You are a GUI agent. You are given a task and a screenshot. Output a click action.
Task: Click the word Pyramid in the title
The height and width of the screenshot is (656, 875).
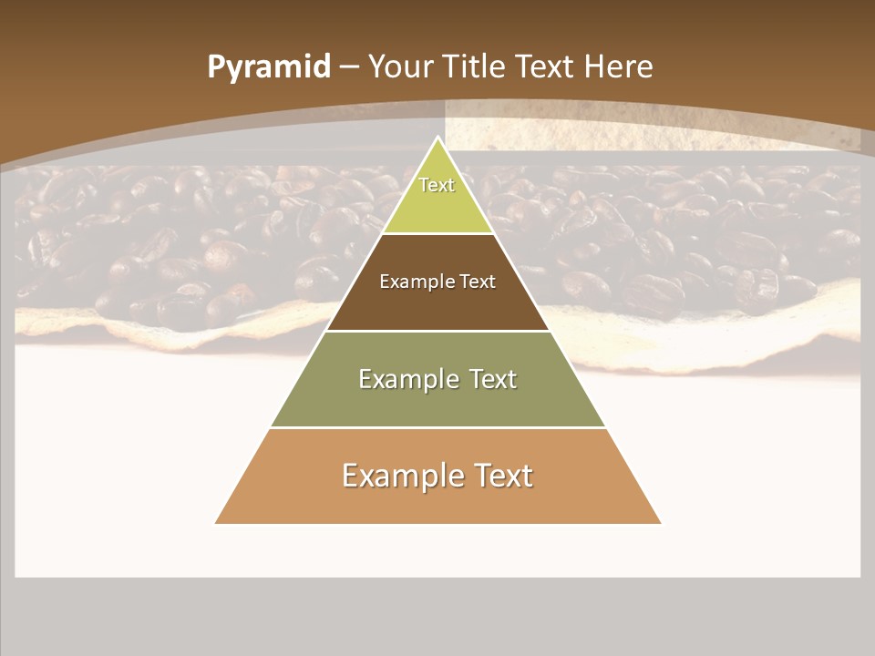point(269,67)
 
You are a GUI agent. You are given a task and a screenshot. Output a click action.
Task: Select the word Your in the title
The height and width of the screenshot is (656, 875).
point(401,67)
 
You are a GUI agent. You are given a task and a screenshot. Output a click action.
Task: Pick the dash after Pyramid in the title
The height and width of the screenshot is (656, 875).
point(348,67)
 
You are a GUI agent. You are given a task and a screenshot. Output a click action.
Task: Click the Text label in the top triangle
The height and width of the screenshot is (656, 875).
point(437,185)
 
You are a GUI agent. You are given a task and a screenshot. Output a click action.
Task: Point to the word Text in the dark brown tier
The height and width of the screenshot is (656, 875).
point(478,282)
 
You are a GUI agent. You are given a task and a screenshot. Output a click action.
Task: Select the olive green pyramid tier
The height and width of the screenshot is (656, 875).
point(437,401)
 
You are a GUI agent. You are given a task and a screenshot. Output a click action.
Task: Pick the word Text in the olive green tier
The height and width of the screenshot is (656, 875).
point(492,379)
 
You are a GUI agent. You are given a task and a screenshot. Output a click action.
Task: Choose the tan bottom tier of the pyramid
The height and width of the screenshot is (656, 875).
point(437,501)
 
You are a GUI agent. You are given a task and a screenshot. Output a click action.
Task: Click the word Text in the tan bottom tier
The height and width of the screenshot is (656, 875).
point(502,476)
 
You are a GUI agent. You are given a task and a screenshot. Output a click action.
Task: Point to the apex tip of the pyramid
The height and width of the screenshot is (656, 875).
point(437,138)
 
